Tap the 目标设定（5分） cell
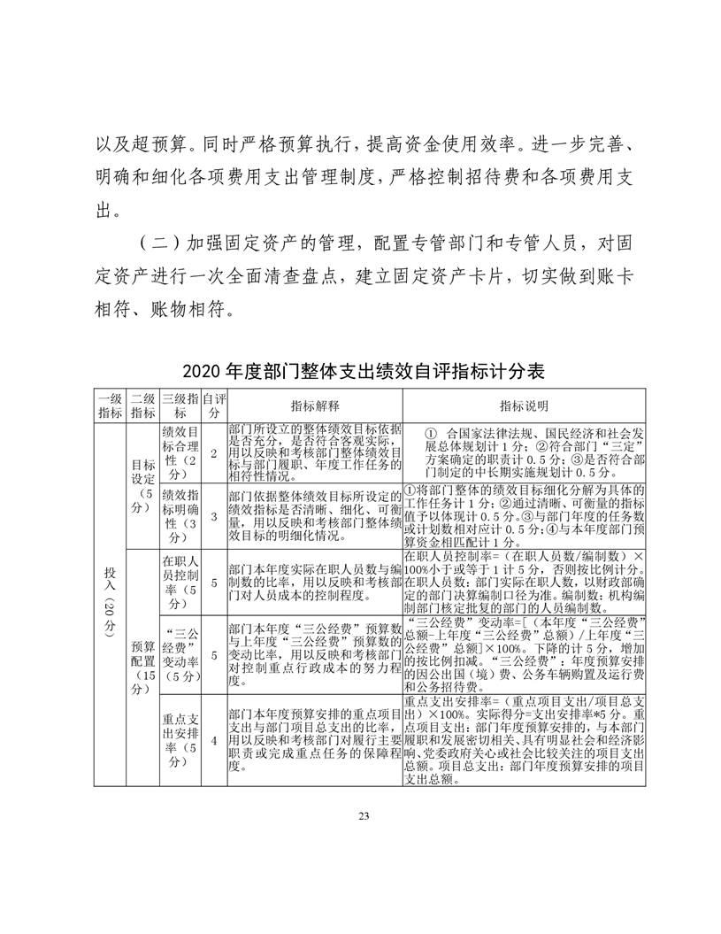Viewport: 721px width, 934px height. coord(142,484)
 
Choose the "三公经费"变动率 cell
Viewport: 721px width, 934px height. coord(180,654)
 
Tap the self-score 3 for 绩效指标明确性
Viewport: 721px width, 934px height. coord(212,515)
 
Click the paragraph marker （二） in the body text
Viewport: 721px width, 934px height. coord(160,244)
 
